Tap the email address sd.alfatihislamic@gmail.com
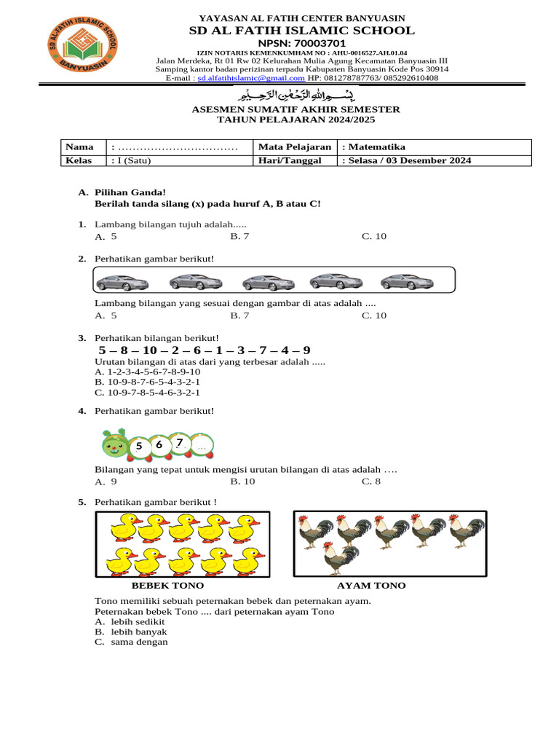pyautogui.click(x=251, y=78)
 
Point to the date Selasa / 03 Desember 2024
pyautogui.click(x=406, y=160)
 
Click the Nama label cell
pyautogui.click(x=76, y=147)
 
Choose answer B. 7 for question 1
pyautogui.click(x=239, y=237)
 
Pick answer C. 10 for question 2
pyautogui.click(x=373, y=315)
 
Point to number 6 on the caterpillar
pyautogui.click(x=159, y=444)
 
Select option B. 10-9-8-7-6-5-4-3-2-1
pyautogui.click(x=148, y=381)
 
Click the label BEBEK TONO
pyautogui.click(x=167, y=586)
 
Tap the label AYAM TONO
pyautogui.click(x=371, y=586)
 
